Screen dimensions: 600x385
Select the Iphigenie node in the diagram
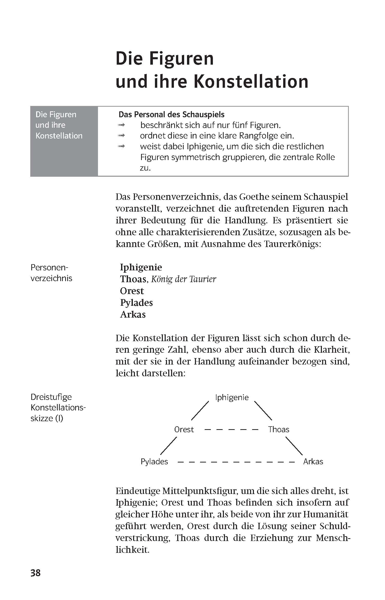tap(232, 397)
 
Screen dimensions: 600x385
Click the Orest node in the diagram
tap(184, 429)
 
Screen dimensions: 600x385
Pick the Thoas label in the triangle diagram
tap(279, 429)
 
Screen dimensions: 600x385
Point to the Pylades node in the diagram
tap(154, 461)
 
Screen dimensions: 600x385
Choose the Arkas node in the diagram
tap(313, 461)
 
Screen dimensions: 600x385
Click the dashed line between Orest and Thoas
tap(231, 430)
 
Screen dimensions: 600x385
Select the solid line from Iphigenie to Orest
tap(200, 411)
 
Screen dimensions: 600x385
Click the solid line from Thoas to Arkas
tap(294, 446)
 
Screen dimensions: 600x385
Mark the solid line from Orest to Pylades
tap(169, 446)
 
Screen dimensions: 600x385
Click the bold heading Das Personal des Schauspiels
tap(171, 114)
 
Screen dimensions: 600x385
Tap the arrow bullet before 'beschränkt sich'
tap(121, 125)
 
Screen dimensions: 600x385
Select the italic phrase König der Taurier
tap(184, 279)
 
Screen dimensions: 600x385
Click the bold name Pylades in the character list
tap(136, 303)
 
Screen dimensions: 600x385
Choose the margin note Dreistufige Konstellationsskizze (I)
tap(57, 408)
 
